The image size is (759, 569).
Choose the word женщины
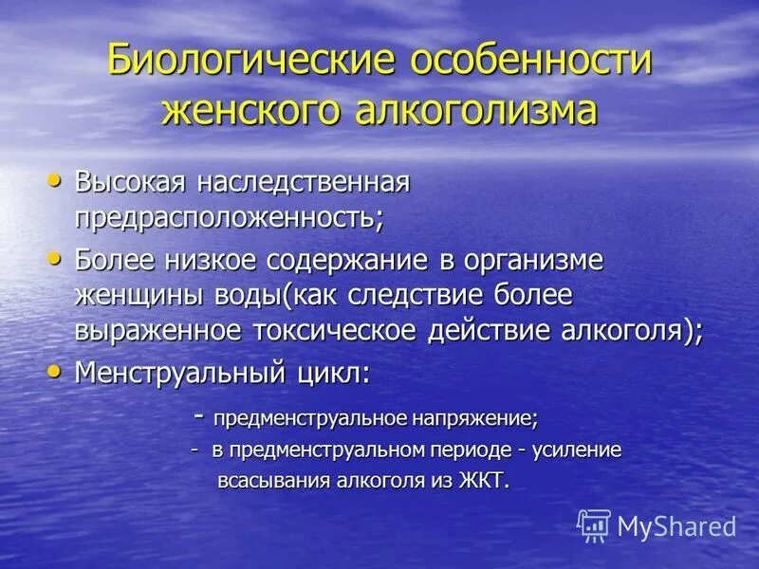(139, 296)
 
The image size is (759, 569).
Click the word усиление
(576, 450)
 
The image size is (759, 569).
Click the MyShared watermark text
(676, 526)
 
